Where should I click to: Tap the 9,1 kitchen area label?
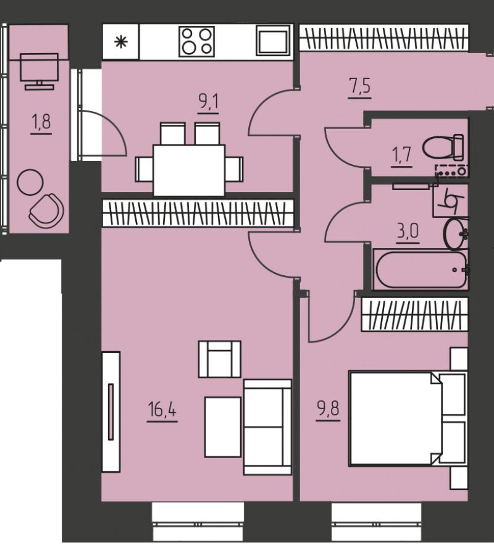(x=208, y=103)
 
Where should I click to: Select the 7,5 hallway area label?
(x=360, y=86)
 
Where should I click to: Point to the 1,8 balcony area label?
(x=41, y=122)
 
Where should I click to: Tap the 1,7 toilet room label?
(x=401, y=155)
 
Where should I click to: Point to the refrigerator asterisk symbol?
(x=121, y=42)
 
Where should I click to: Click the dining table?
(x=189, y=170)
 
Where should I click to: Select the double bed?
(x=408, y=418)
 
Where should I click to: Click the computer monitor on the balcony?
(x=40, y=71)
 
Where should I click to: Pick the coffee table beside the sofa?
(x=223, y=427)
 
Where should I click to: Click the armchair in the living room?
(x=220, y=359)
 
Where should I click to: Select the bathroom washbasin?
(x=456, y=234)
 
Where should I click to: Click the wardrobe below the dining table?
(x=198, y=213)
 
